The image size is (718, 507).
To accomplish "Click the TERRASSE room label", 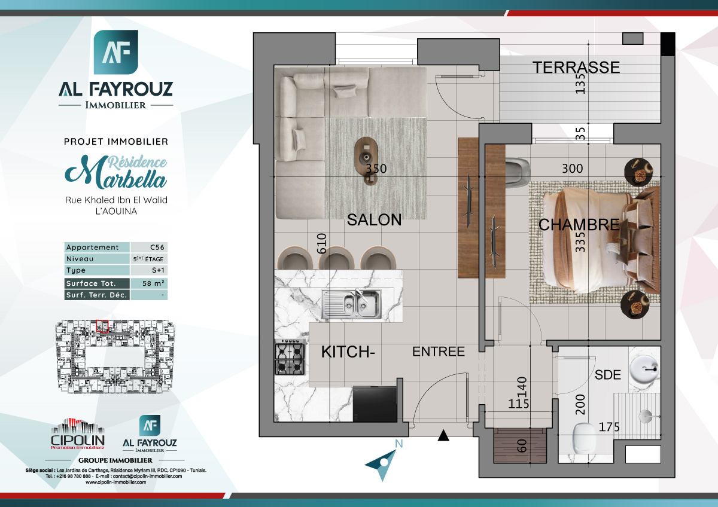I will [576, 68].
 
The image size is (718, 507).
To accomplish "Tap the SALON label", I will [375, 220].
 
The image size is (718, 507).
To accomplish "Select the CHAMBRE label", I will [579, 225].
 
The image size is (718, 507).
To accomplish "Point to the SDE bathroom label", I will [608, 375].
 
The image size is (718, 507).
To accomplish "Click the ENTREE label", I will [438, 352].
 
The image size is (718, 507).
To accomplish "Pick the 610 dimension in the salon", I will [321, 244].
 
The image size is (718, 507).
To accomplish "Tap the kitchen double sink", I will [351, 303].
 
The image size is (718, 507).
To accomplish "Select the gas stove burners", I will [290, 359].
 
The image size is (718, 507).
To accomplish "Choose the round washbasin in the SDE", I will [644, 370].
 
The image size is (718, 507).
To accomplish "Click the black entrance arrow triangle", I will [443, 436].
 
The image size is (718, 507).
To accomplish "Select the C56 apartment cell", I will [148, 248].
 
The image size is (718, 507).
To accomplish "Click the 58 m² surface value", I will [148, 283].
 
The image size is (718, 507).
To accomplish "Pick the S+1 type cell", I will [148, 271].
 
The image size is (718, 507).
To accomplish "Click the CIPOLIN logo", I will [77, 435].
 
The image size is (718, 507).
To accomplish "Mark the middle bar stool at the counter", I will [337, 259].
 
